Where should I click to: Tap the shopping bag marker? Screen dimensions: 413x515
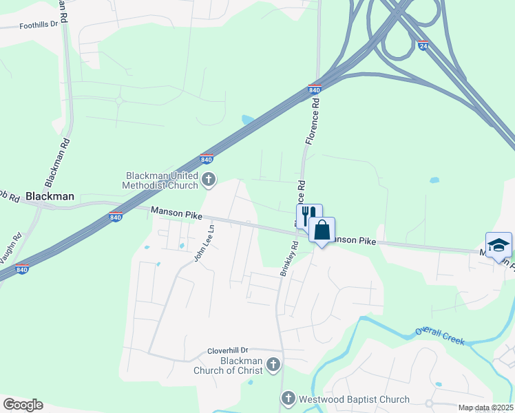[x=322, y=230]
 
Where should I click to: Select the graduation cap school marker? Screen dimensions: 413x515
[x=498, y=244]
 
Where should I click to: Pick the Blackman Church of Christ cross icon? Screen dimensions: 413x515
[x=273, y=364]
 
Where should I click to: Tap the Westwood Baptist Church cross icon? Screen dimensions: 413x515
[x=288, y=398]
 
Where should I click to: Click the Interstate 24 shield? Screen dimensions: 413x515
[x=423, y=45]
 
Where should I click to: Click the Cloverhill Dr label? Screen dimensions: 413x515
[x=227, y=350]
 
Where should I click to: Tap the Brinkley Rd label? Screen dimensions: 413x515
[x=288, y=259]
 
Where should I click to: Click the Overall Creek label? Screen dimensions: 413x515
[x=440, y=336]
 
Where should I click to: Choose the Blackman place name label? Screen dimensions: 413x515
[x=50, y=196]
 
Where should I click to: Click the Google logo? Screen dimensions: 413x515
[x=23, y=404]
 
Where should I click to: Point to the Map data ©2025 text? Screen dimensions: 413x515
[x=485, y=407]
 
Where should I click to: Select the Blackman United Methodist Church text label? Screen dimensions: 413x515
[x=160, y=180]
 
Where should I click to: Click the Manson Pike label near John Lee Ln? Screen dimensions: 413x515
[x=176, y=214]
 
